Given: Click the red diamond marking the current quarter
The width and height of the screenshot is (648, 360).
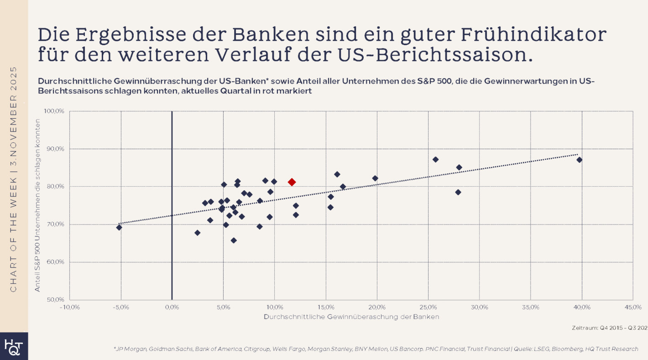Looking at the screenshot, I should pos(292,182).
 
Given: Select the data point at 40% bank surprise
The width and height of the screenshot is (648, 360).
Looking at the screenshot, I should pos(579,160).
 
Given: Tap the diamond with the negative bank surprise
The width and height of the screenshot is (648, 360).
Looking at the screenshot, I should pos(119,227).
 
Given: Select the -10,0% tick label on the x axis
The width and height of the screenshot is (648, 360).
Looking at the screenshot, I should pos(70,307).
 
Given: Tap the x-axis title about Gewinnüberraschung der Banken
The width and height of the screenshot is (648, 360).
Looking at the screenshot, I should pos(351,317).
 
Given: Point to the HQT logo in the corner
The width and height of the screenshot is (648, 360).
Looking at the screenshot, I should pos(14,346).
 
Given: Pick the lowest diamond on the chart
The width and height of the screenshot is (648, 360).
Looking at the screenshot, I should pos(234,240).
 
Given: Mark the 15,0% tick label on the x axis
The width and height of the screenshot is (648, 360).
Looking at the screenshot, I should pos(326,307).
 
